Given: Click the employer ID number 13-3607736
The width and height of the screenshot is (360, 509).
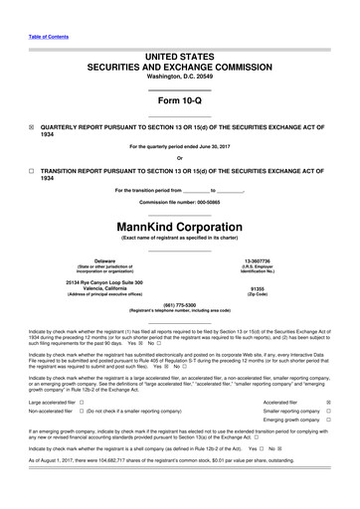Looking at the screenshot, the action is [270, 260].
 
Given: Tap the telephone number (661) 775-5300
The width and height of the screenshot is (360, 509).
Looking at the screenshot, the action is [179, 305].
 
